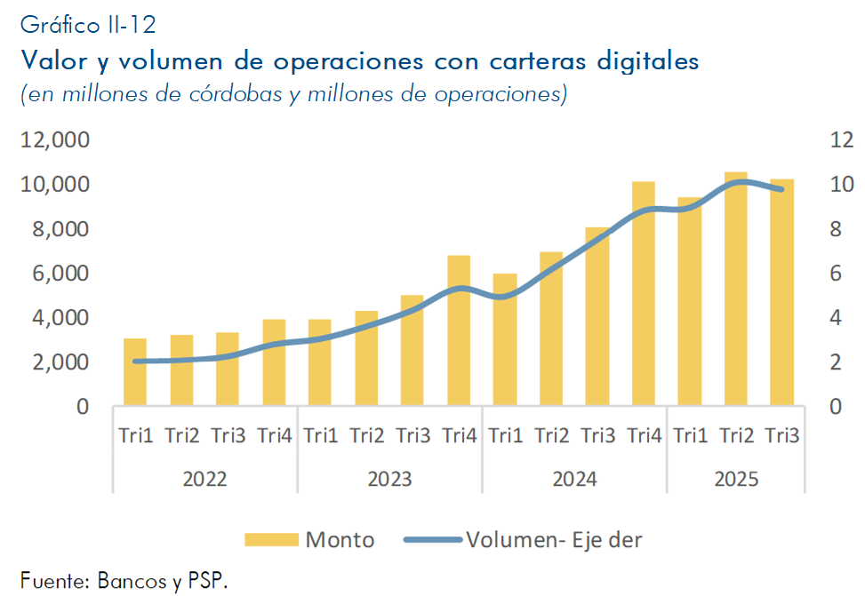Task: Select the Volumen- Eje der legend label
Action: point(553,539)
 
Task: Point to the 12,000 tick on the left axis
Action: point(55,139)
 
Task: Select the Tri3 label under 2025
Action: point(782,435)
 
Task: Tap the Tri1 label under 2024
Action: point(506,435)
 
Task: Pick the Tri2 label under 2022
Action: point(181,435)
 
